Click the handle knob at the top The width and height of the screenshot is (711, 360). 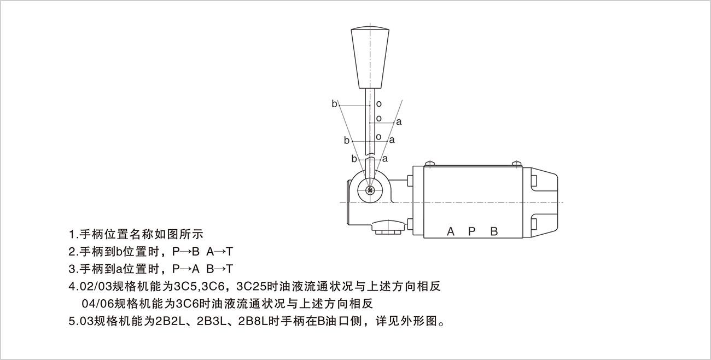370,57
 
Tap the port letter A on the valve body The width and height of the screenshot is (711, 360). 451,232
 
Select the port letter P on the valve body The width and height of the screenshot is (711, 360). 471,232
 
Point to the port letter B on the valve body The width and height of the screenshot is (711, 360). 494,232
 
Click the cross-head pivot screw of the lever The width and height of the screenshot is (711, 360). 370,190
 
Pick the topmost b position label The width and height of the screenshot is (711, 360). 334,104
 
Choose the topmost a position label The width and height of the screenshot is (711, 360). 399,122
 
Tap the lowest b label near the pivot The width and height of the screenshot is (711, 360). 354,159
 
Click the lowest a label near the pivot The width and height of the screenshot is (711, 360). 385,159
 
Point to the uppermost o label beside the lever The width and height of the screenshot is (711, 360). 378,104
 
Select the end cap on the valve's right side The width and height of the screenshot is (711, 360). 540,202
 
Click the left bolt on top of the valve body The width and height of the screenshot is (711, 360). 429,164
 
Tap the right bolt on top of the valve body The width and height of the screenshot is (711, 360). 517,164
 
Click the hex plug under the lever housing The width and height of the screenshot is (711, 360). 388,232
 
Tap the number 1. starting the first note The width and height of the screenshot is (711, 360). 73,235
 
